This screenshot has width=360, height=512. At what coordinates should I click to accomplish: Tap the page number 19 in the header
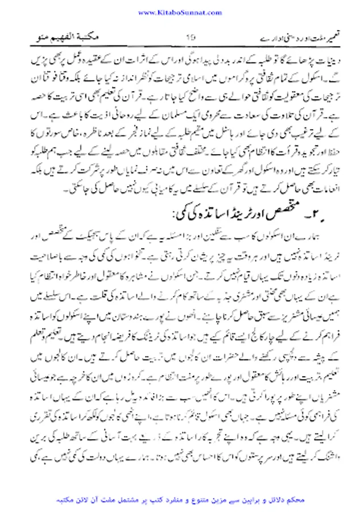pyautogui.click(x=191, y=38)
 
